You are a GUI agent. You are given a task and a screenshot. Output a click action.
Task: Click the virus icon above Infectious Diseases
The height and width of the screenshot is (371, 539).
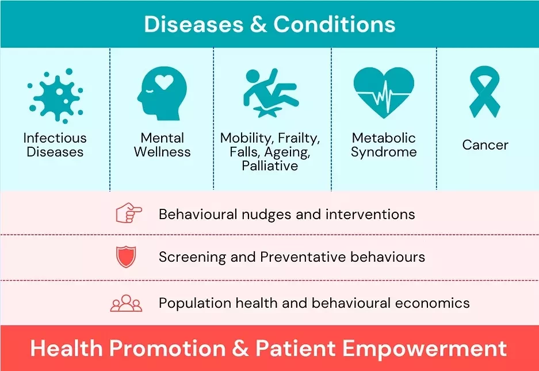click(55, 95)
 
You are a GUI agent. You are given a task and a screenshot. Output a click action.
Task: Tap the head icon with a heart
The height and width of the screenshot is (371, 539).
click(162, 93)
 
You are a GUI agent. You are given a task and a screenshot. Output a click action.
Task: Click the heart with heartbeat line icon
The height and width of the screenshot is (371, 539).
click(384, 93)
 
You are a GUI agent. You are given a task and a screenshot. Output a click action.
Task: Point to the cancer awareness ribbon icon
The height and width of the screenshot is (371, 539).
click(485, 92)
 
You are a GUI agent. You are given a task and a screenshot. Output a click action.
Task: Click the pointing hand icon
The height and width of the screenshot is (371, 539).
click(129, 213)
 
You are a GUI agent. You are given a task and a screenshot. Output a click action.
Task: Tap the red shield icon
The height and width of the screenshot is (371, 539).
click(126, 257)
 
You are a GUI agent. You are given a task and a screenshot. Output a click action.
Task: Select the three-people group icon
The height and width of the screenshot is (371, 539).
click(126, 303)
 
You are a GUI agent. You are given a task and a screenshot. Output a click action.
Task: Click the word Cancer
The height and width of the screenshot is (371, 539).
click(485, 145)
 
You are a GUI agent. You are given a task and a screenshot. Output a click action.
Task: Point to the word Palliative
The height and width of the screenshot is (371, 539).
click(270, 166)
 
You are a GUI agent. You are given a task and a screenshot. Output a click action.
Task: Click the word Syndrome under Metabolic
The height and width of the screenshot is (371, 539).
click(384, 152)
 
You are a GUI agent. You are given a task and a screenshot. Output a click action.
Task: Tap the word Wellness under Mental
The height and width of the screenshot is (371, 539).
click(162, 152)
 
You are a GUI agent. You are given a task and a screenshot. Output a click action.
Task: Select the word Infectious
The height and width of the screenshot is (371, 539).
click(55, 138)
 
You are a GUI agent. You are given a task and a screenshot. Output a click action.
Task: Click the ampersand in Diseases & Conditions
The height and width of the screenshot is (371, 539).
click(258, 24)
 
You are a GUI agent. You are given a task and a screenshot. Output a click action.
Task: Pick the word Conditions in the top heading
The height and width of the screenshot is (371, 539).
click(334, 24)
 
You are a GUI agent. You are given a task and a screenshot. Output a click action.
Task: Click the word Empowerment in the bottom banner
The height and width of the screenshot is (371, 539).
click(425, 349)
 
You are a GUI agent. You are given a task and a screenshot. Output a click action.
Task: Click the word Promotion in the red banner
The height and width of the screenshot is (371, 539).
click(167, 349)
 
